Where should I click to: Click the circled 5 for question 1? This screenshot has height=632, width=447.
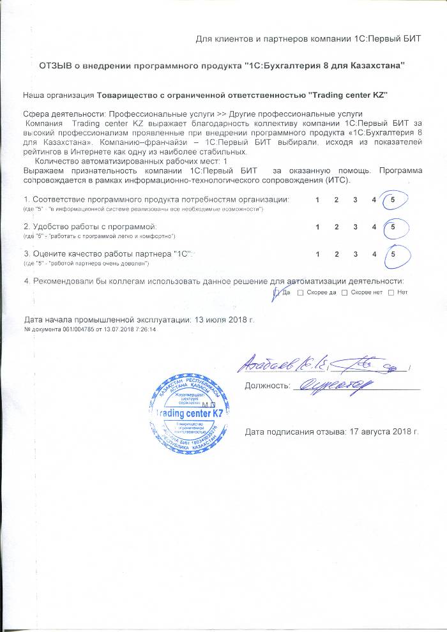(393, 200)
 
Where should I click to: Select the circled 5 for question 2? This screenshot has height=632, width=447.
(393, 227)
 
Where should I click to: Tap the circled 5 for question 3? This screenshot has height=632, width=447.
(393, 254)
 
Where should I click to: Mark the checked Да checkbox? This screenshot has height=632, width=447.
(276, 293)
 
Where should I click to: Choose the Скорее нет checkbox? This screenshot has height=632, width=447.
(345, 293)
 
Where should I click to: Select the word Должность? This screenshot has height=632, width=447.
(267, 386)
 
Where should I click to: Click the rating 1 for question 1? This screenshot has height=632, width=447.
(318, 200)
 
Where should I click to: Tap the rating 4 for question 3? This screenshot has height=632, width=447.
(374, 254)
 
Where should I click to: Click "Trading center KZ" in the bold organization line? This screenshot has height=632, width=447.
(348, 95)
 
